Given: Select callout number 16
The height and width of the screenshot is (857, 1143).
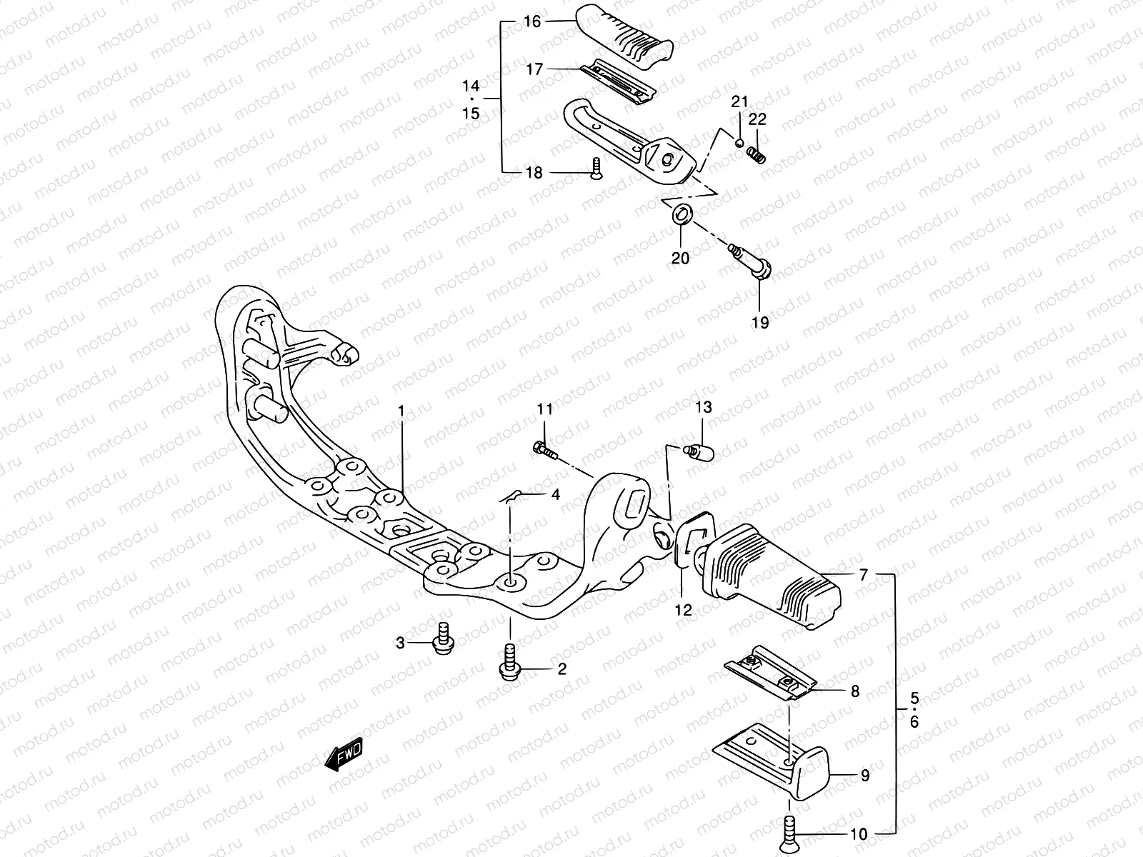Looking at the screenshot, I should tap(533, 21).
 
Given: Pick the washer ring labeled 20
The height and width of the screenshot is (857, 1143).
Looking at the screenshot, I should tap(682, 214).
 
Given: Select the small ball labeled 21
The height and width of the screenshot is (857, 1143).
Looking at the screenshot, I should tap(739, 142).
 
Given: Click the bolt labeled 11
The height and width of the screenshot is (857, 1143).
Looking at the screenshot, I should tap(544, 450).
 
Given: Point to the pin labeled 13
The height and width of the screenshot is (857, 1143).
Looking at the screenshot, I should tap(699, 453).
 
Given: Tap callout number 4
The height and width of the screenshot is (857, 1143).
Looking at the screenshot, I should tap(555, 494).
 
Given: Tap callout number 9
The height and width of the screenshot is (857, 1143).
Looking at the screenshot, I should tap(864, 775).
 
